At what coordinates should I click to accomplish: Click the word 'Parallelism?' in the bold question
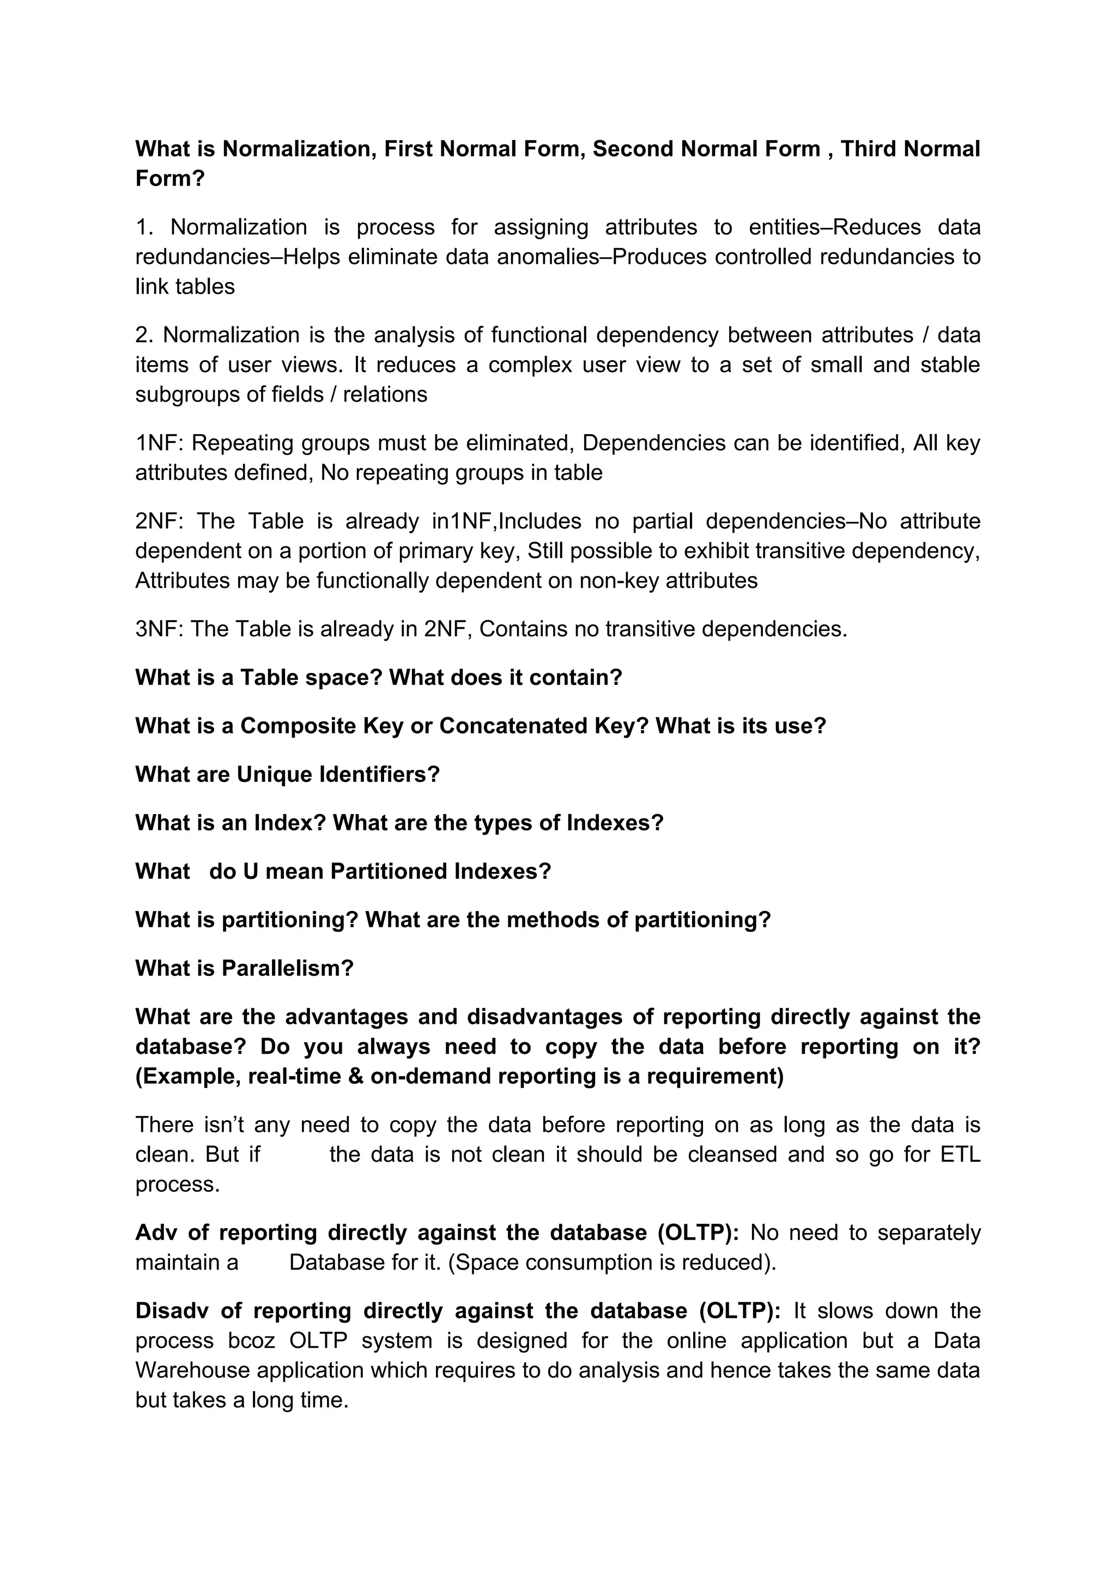pyautogui.click(x=287, y=968)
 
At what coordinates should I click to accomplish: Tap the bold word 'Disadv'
pyautogui.click(x=171, y=1311)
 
